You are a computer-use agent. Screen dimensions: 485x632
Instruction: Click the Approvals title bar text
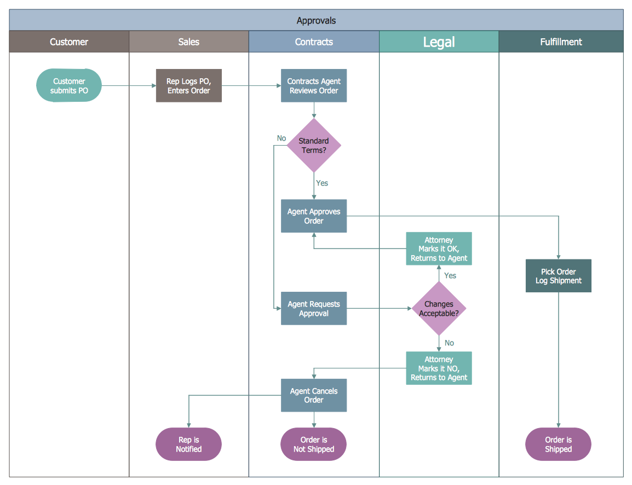coord(316,21)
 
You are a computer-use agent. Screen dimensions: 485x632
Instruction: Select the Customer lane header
coord(69,42)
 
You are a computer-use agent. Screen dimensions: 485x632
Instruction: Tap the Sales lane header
coord(189,42)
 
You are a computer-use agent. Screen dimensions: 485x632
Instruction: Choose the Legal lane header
coord(439,42)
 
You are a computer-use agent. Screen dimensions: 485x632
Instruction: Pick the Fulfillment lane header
coord(561,42)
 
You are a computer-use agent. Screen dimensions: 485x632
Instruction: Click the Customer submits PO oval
coord(69,85)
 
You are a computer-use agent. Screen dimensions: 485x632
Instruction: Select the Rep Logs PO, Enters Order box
coord(189,85)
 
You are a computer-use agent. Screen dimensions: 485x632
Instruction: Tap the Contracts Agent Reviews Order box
coord(314,85)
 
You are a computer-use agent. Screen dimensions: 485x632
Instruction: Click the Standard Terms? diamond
coord(314,145)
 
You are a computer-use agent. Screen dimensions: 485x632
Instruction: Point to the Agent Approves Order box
coord(314,216)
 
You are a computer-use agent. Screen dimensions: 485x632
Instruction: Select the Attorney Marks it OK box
coord(439,249)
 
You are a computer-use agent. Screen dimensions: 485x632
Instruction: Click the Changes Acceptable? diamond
coord(439,309)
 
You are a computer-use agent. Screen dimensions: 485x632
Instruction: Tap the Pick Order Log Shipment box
coord(558,276)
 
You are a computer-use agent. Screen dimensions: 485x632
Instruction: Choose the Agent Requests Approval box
coord(314,309)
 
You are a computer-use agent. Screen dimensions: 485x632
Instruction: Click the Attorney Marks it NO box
coord(439,368)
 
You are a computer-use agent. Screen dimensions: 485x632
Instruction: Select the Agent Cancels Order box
coord(314,395)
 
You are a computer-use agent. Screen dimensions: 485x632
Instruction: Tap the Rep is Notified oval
coord(189,444)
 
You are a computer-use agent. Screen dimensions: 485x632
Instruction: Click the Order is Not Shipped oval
coord(314,444)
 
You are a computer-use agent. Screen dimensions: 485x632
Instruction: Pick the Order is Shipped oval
coord(558,444)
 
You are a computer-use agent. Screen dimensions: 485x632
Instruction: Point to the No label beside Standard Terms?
coord(281,138)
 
